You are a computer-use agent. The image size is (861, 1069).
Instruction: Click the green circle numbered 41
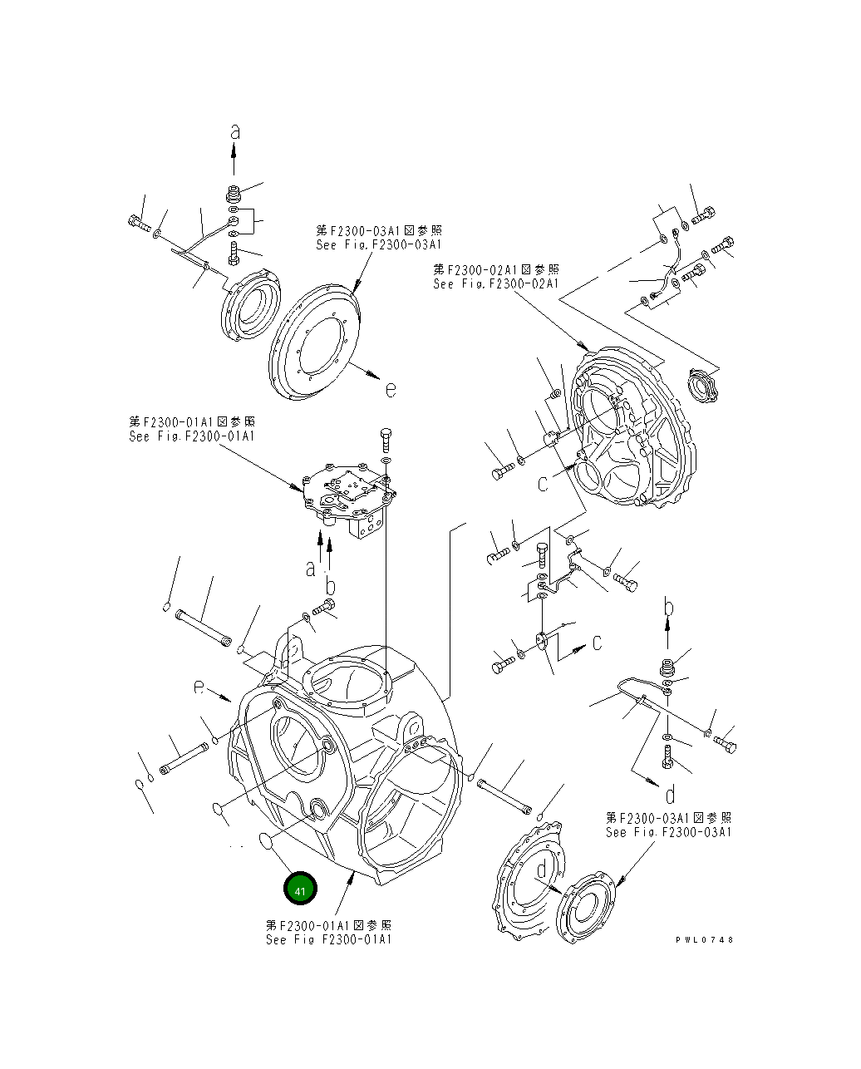[x=300, y=889]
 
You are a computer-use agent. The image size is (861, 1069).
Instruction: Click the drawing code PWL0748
[x=704, y=939]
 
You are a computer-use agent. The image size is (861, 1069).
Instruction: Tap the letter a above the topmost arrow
[x=235, y=131]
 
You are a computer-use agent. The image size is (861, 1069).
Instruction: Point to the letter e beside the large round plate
[x=390, y=387]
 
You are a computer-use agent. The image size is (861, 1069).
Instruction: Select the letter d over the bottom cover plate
[x=541, y=869]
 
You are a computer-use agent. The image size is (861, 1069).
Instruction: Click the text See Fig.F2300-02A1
[x=495, y=283]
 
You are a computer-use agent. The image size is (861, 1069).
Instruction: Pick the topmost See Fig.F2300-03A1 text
[x=378, y=244]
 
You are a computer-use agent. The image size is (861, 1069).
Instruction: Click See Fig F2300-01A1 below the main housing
[x=328, y=939]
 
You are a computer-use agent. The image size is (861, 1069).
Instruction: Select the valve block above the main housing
[x=347, y=498]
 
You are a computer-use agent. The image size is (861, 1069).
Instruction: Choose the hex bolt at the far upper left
[x=138, y=223]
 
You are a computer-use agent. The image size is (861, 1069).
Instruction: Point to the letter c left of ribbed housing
[x=544, y=482]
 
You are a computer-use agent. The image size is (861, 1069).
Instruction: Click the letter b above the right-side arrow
[x=667, y=608]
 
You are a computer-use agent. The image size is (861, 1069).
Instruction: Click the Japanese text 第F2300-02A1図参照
[x=495, y=269]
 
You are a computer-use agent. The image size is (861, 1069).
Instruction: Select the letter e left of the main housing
[x=199, y=687]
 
